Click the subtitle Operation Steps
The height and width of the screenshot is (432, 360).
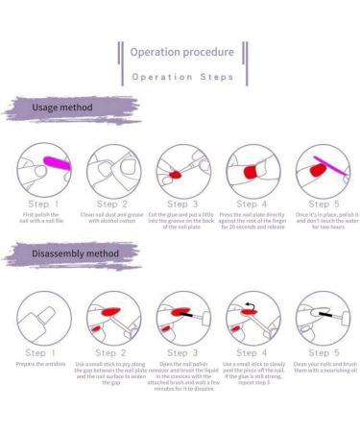183,76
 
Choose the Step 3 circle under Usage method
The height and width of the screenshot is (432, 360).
181,172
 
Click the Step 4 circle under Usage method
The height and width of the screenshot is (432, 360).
252,172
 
